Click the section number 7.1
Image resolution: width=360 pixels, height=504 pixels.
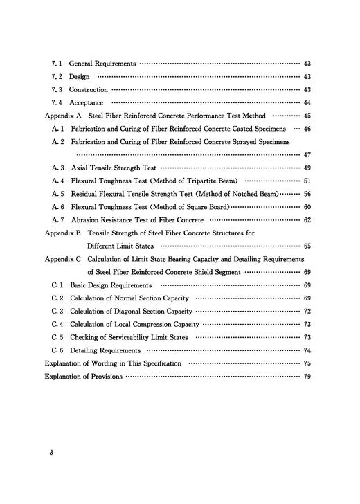coord(57,63)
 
